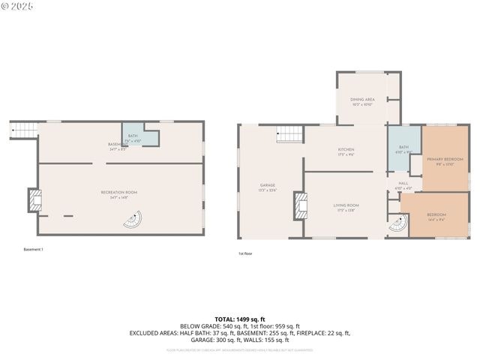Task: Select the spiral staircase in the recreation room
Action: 132,222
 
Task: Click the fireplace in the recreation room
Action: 34,200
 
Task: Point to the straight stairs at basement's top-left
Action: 23,132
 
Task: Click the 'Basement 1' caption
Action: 33,249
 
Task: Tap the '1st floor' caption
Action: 245,253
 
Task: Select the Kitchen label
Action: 346,152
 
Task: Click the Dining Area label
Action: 361,101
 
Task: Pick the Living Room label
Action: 346,206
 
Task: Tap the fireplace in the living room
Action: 301,206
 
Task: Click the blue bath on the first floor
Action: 403,149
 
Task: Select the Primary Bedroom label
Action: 445,161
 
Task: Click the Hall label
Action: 403,185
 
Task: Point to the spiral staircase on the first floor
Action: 398,224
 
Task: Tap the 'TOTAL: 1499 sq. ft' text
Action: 239,319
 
